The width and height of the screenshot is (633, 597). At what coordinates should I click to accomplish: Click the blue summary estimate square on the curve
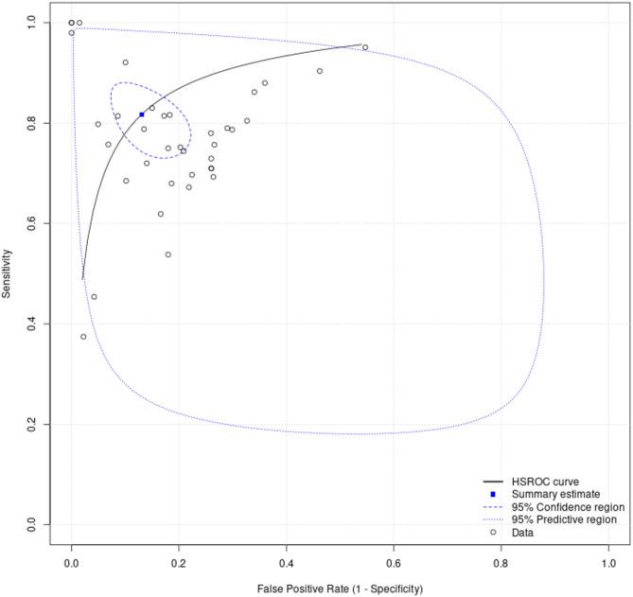(142, 114)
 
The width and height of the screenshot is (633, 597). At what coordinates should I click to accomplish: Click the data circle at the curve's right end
(365, 47)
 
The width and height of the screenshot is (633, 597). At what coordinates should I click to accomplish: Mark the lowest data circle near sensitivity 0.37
(83, 337)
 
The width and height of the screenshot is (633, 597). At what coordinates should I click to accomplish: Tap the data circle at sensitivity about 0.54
(168, 255)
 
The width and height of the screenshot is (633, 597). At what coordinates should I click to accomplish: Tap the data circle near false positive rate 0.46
(320, 71)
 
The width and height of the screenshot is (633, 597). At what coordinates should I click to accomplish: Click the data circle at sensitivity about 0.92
(125, 62)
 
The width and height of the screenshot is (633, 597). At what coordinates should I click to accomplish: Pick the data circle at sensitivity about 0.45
(94, 297)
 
